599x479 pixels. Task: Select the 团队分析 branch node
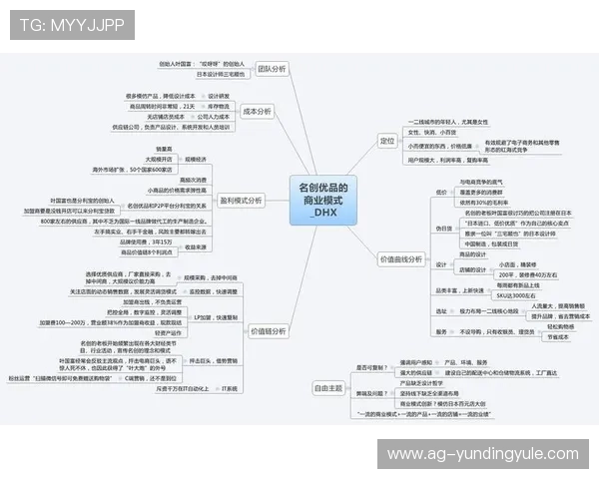click(271, 69)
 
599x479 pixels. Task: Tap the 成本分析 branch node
click(258, 112)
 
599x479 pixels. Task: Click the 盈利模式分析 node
click(241, 200)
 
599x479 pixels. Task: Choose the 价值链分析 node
click(267, 330)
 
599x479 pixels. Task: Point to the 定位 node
click(387, 141)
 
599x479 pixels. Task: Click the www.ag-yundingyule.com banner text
click(483, 454)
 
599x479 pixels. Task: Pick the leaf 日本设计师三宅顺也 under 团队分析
click(220, 74)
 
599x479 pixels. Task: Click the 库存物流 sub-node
click(219, 106)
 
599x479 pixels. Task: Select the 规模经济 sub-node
click(194, 159)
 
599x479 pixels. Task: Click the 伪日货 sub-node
click(443, 228)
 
